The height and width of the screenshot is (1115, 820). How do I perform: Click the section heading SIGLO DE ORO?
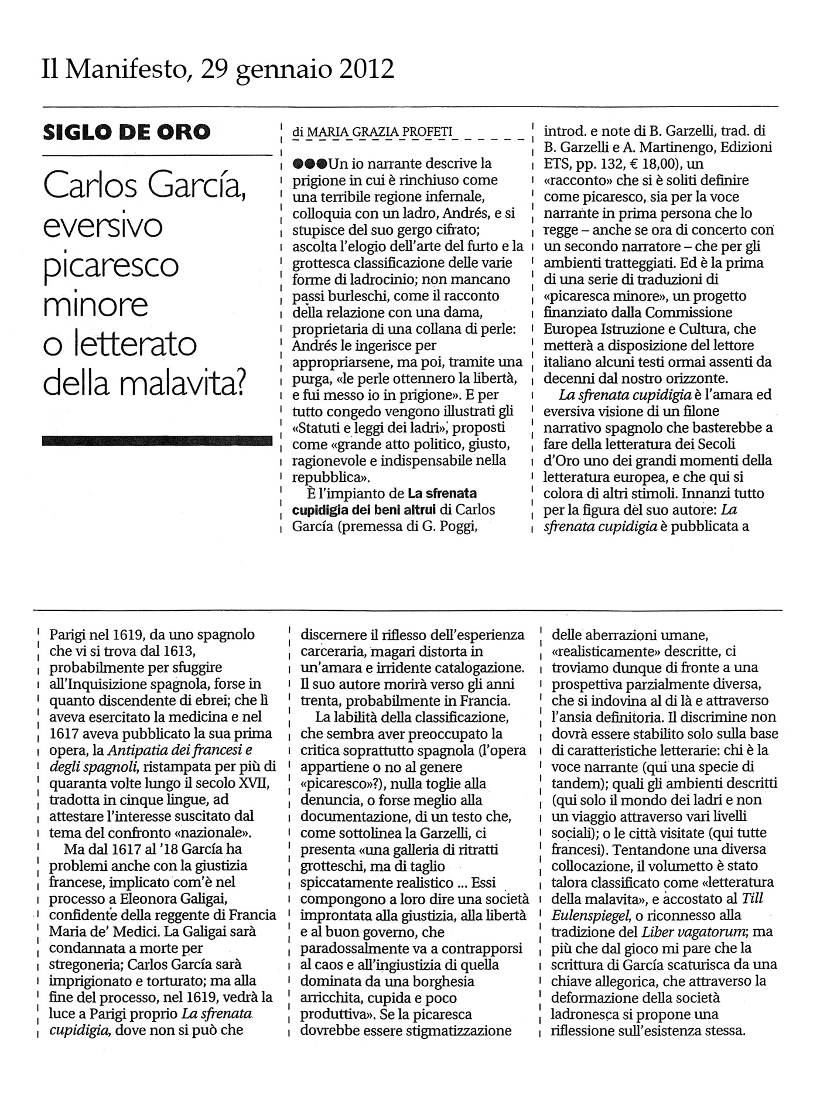[127, 132]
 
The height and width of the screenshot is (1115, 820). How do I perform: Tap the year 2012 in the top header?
[367, 69]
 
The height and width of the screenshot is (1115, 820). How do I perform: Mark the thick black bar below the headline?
[158, 440]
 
